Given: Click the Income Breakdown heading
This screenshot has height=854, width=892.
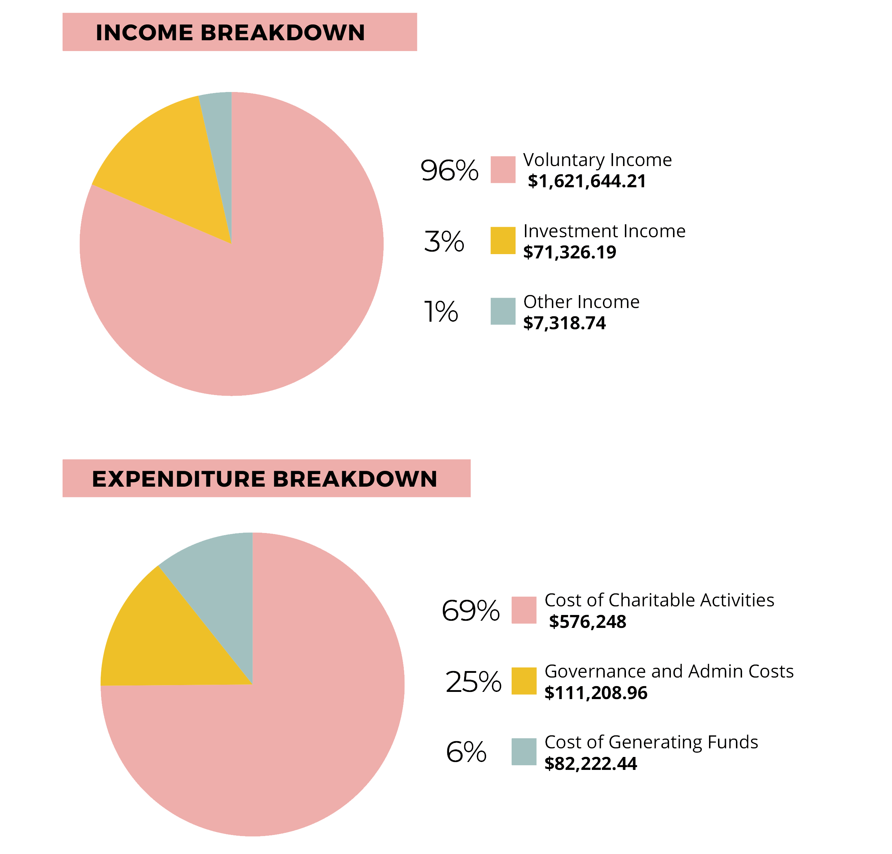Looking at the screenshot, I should (x=230, y=33).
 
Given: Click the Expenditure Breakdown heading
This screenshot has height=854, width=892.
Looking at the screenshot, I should (x=264, y=479).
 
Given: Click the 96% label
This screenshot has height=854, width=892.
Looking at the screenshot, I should (x=449, y=171).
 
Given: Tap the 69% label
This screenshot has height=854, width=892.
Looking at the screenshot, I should (x=471, y=611).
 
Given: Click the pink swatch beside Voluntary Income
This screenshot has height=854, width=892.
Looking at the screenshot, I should (x=503, y=170).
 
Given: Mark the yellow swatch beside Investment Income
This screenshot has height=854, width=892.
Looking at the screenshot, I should (x=503, y=240).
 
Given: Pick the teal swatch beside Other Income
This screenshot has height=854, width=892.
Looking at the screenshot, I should (x=503, y=311).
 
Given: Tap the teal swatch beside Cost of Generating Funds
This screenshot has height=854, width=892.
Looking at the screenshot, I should (x=524, y=752).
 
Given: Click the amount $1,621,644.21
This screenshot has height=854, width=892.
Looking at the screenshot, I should (x=587, y=182).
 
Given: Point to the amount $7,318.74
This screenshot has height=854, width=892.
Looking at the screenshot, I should (x=564, y=323).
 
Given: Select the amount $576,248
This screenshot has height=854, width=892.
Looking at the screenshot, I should (x=587, y=622).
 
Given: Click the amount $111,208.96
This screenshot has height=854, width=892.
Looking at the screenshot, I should (x=596, y=693).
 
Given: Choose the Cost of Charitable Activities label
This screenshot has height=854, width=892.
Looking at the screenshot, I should (x=659, y=601).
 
